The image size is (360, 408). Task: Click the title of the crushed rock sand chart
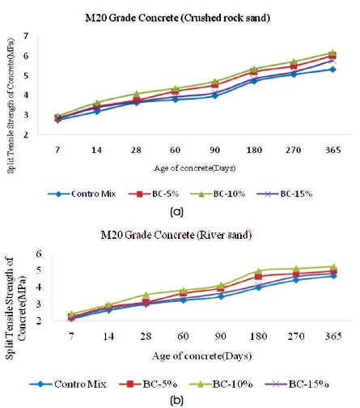tap(177, 19)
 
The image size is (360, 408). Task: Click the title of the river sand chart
tap(176, 236)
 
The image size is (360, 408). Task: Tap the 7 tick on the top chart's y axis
tap(26, 36)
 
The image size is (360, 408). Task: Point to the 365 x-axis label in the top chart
tap(333, 150)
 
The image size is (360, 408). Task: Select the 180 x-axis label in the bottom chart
tap(258, 337)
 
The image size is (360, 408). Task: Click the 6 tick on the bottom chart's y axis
tap(39, 254)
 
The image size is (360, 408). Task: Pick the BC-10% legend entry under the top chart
tap(218, 194)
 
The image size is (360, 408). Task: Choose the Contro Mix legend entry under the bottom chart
tap(68, 384)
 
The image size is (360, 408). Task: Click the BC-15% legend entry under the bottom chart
tap(297, 384)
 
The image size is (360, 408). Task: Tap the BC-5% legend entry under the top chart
tap(154, 194)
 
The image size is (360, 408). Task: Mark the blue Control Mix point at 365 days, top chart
tap(333, 70)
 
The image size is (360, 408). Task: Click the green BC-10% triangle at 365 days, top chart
tap(333, 53)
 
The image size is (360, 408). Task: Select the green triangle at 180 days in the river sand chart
tap(259, 270)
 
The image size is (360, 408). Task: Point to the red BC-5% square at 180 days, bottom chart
tap(259, 277)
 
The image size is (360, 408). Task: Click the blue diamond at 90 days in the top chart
tap(215, 96)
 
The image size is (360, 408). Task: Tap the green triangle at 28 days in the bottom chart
tap(146, 295)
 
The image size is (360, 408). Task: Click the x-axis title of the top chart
tap(195, 168)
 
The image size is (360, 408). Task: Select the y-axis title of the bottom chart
tap(16, 308)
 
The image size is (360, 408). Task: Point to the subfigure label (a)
tap(177, 212)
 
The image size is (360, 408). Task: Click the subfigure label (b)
tap(177, 400)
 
